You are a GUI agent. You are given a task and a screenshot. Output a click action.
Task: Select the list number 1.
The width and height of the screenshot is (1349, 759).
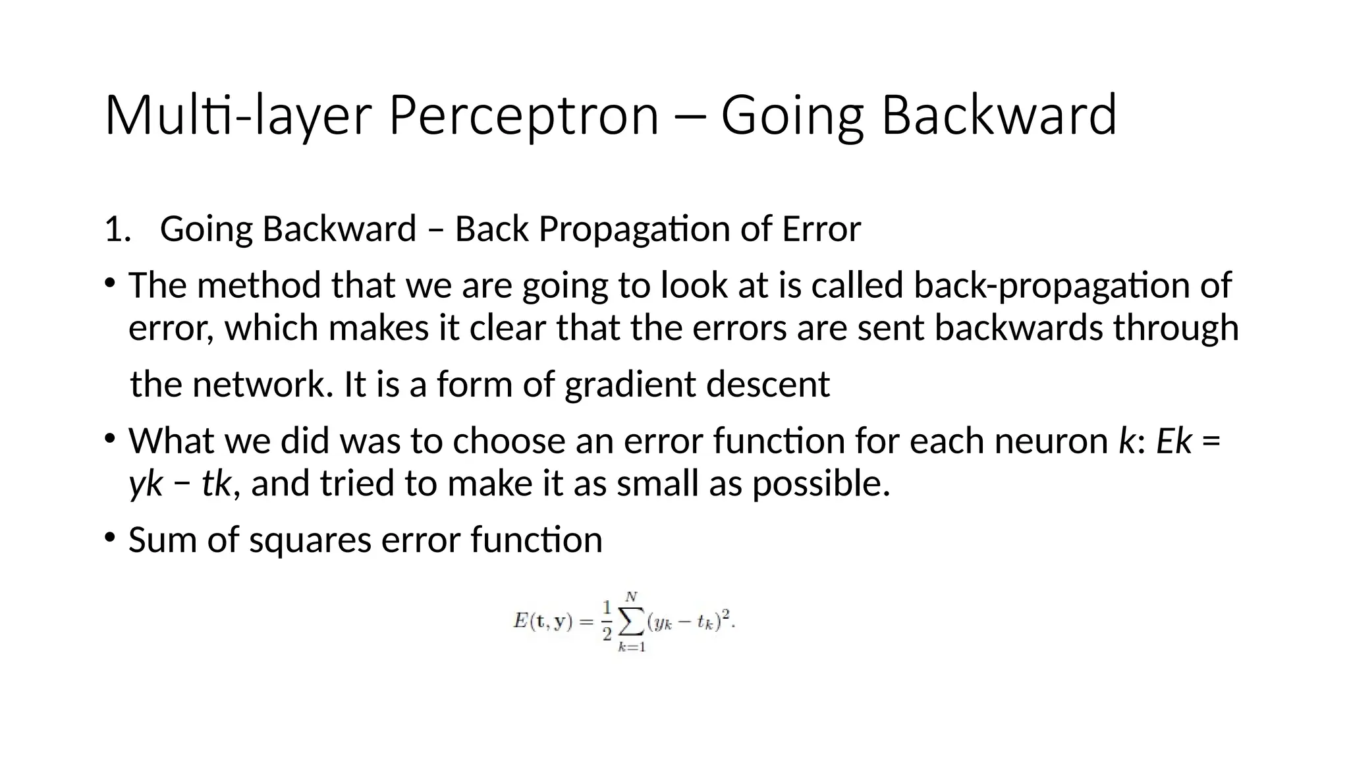click(x=117, y=229)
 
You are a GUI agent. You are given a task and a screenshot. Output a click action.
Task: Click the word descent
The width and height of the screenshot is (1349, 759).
click(x=767, y=384)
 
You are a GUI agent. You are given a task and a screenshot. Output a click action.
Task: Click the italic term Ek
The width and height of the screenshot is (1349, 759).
click(x=1174, y=441)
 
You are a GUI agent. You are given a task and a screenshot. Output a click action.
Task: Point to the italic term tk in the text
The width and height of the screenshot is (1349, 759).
click(x=216, y=484)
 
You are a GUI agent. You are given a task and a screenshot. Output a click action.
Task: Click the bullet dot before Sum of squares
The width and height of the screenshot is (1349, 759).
click(x=109, y=537)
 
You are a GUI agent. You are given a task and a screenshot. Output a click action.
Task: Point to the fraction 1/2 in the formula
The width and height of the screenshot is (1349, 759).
click(x=607, y=621)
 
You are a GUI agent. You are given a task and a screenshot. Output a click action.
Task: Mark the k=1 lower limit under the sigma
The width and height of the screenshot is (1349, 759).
click(x=632, y=647)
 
